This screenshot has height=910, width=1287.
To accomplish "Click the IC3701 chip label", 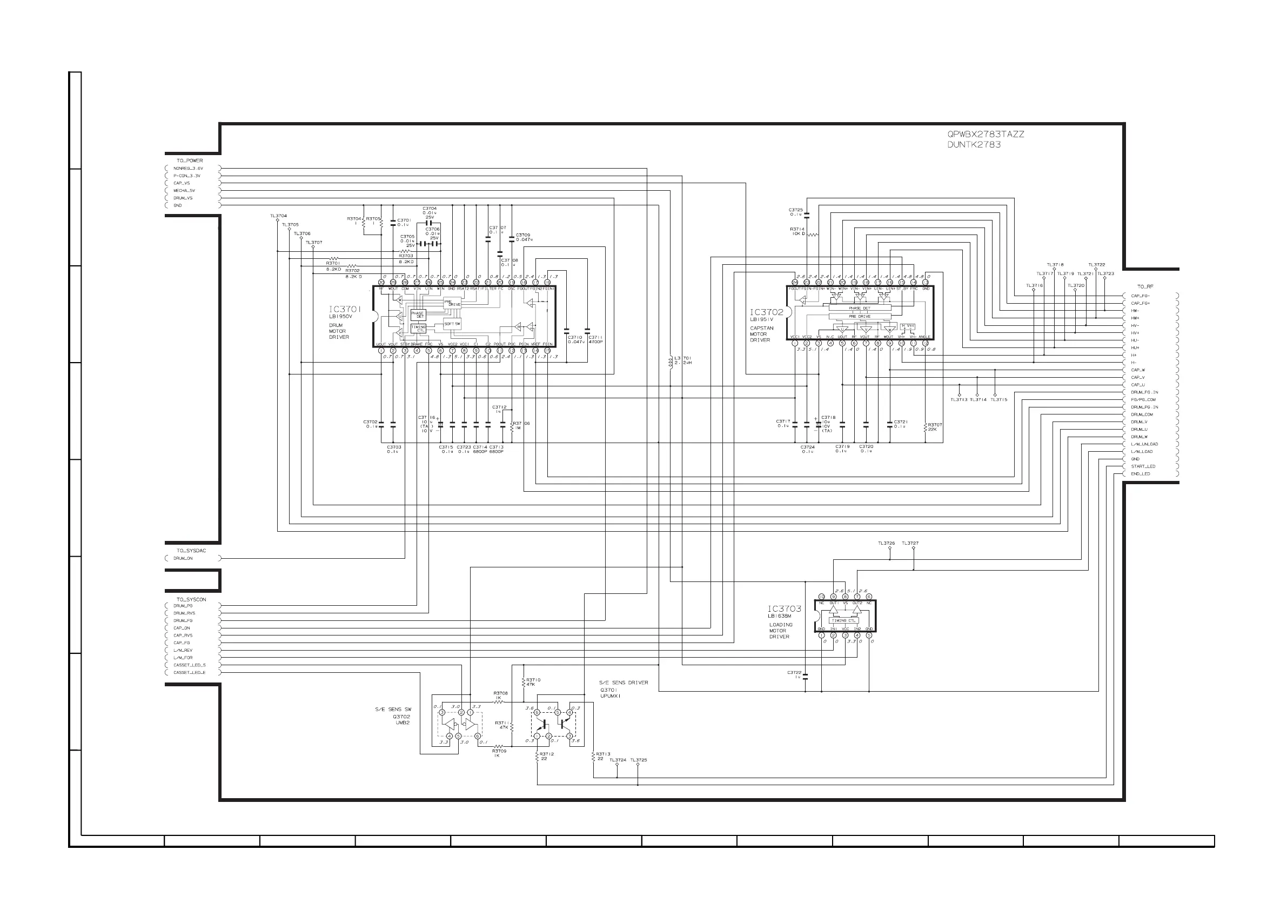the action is click(x=345, y=309).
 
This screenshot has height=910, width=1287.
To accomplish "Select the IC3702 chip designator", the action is click(x=766, y=312).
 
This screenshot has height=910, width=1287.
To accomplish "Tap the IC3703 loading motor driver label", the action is click(x=784, y=609).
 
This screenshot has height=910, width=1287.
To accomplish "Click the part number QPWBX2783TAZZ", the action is click(x=986, y=135).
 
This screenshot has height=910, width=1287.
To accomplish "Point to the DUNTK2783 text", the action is click(x=974, y=145).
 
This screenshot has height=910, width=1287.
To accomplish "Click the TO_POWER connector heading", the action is click(x=190, y=161).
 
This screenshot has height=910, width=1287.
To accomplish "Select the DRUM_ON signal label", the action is click(x=183, y=558).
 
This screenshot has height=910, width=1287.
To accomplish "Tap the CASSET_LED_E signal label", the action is click(x=190, y=673).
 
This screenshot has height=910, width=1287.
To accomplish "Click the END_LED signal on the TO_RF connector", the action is click(x=1140, y=474).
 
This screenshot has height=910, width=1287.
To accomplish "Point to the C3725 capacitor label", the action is click(x=795, y=210).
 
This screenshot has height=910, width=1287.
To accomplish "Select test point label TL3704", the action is click(x=278, y=216).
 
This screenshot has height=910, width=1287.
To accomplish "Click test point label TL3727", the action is click(x=910, y=543).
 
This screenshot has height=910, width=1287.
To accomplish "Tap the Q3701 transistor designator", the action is click(x=608, y=690).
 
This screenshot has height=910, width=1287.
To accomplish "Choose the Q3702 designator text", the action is click(x=401, y=717).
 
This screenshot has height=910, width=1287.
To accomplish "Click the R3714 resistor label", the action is click(x=796, y=229).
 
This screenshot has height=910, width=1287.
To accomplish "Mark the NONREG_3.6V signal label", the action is click(x=188, y=168).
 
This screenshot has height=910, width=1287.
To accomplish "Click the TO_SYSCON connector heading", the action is click(x=191, y=599).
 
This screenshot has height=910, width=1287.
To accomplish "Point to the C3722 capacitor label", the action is click(x=794, y=672).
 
